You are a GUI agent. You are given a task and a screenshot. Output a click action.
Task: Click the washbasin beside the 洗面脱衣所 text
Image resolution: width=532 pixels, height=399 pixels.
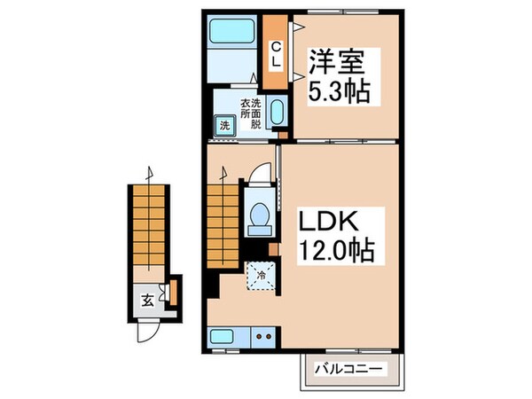(x=276, y=114)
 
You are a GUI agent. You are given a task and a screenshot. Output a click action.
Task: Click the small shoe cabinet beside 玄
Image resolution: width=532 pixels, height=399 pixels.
(x=174, y=291)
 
